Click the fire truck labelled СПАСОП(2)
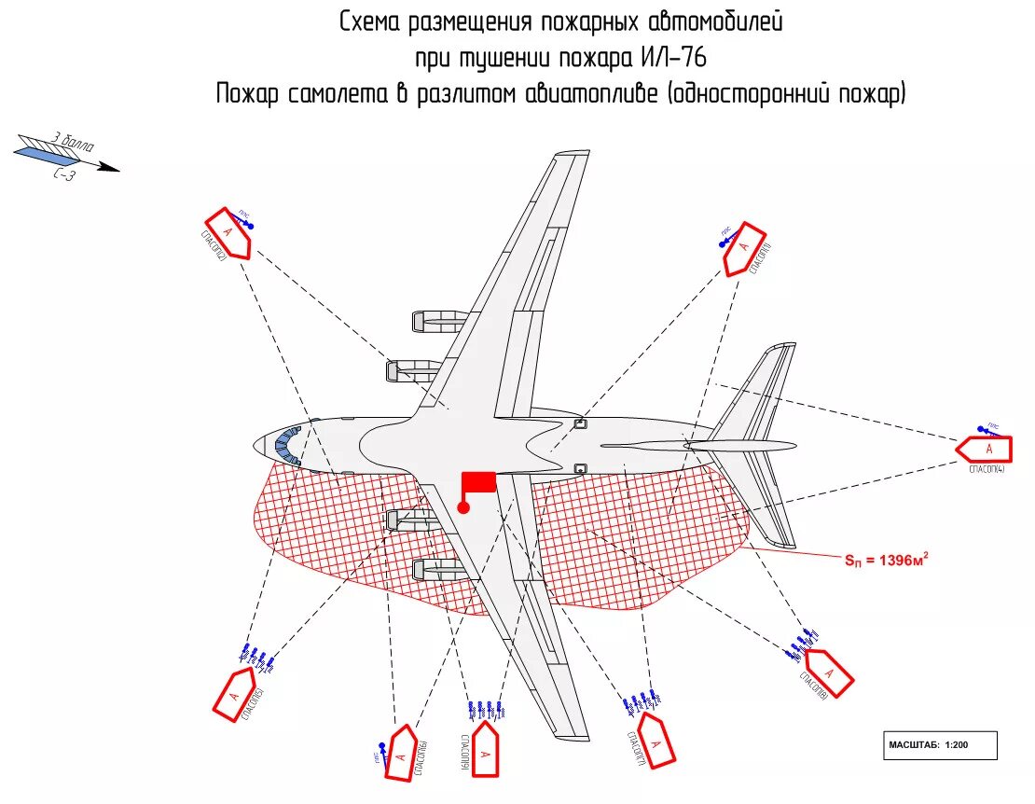(x=228, y=232)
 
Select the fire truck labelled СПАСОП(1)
(x=744, y=248)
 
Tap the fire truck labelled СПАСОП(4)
(x=985, y=450)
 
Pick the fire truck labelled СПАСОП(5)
(x=234, y=693)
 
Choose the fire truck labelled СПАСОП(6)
(x=402, y=753)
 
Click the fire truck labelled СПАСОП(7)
(x=656, y=742)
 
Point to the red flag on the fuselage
(x=478, y=482)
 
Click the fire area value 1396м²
(x=885, y=560)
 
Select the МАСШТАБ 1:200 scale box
(x=940, y=745)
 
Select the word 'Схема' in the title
(x=372, y=21)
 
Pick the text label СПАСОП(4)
(x=987, y=470)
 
